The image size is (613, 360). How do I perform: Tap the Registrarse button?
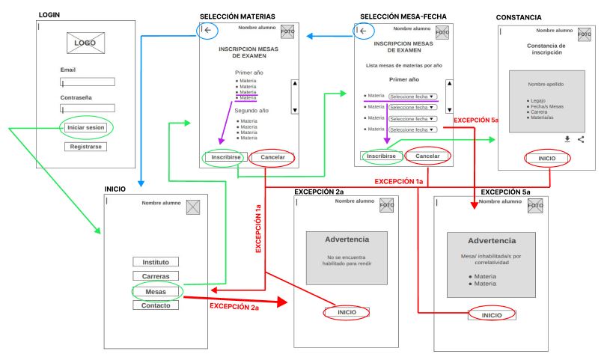85,147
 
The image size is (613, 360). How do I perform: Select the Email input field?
87,82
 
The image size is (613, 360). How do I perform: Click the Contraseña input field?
87,109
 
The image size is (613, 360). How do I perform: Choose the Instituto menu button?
156,262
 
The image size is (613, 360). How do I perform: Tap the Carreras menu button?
156,276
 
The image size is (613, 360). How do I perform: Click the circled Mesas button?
156,291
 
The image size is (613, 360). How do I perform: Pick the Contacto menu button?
156,305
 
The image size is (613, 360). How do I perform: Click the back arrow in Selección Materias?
208,30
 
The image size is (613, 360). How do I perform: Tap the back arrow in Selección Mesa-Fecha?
364,31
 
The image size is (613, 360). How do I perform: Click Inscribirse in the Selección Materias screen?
225,157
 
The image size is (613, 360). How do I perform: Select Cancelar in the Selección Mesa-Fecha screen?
427,156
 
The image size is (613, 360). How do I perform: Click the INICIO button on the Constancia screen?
547,159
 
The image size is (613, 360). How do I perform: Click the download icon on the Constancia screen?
567,139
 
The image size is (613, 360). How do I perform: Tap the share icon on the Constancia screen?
581,139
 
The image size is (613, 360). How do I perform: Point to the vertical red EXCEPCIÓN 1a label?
258,228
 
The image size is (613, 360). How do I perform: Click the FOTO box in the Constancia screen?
584,34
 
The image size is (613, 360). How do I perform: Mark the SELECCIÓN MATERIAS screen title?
237,16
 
